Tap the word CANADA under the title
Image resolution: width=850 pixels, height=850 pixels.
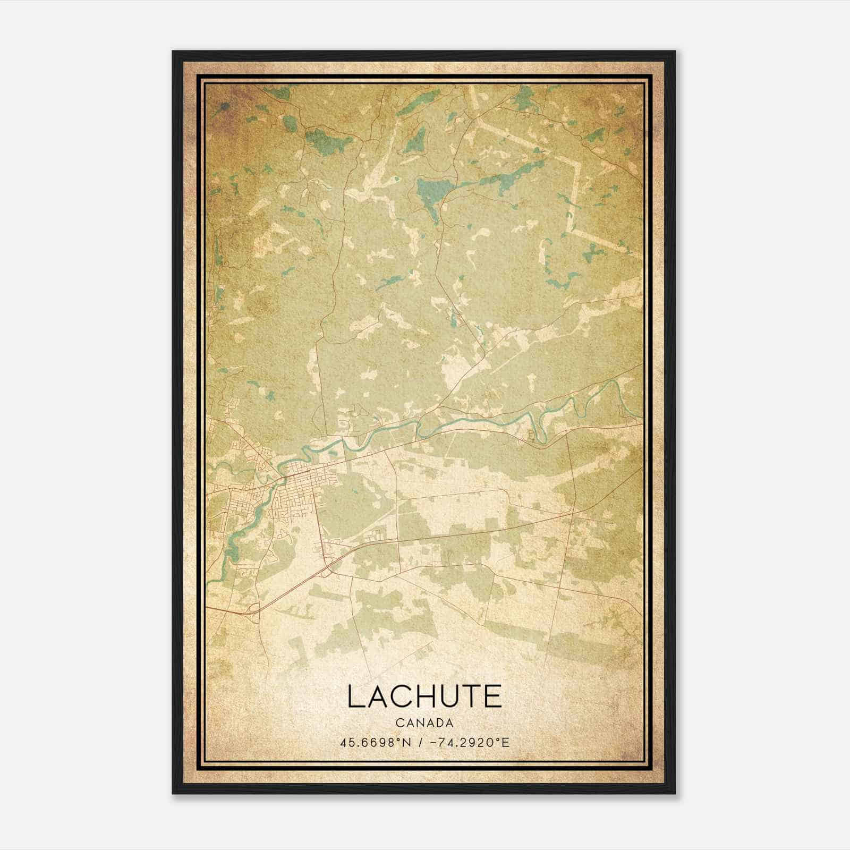pos(424,723)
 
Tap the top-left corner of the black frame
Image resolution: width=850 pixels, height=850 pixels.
pos(174,52)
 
